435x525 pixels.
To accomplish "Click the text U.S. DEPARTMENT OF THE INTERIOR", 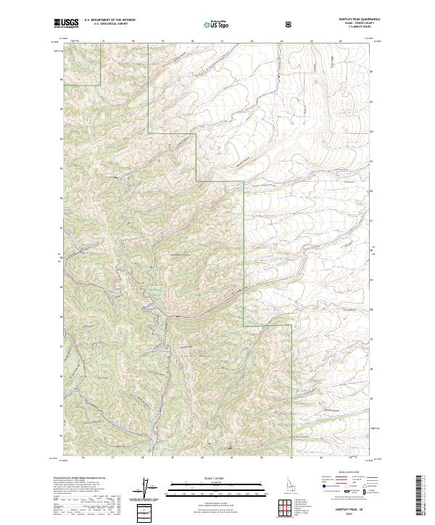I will click(x=110, y=21).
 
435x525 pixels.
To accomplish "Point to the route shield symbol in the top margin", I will click(x=290, y=24).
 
